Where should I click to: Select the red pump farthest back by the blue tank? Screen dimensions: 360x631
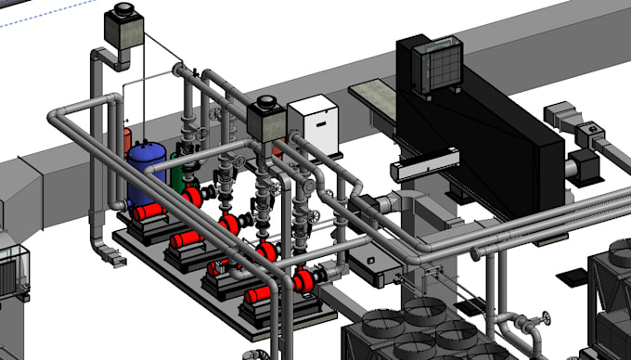click(x=192, y=196)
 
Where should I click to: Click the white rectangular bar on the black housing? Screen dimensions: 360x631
click(x=422, y=168)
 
